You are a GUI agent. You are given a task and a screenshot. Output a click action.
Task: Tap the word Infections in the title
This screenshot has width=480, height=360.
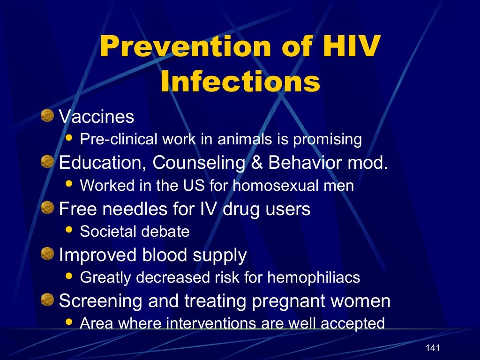(x=240, y=81)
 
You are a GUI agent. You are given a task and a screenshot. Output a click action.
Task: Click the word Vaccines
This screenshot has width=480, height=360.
(x=97, y=117)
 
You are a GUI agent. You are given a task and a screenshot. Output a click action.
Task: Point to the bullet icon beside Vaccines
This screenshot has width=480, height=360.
(x=47, y=115)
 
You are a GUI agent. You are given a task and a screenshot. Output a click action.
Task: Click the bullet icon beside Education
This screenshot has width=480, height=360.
(x=47, y=162)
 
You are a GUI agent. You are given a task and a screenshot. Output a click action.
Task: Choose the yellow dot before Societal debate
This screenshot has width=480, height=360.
(x=69, y=230)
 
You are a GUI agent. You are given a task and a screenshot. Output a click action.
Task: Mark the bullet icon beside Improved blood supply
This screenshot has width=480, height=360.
(x=47, y=254)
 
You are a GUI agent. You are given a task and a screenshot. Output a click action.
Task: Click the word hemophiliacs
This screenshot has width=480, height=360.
(x=314, y=277)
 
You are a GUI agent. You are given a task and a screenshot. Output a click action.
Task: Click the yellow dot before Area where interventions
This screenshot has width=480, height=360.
(x=69, y=322)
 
